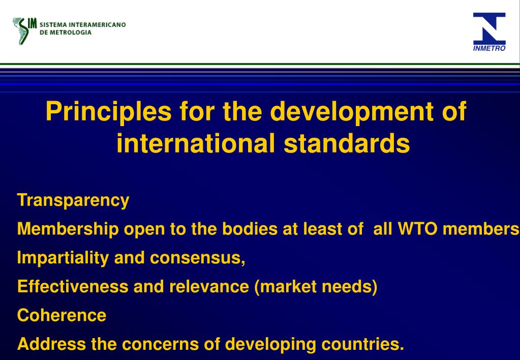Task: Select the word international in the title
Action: (195, 143)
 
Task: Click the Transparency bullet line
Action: (73, 200)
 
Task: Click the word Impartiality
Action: (63, 258)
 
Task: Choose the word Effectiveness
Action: (73, 287)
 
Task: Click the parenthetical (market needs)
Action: (315, 287)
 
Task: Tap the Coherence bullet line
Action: (62, 315)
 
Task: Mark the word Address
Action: (51, 344)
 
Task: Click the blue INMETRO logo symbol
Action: (489, 28)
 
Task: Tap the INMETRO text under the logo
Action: (489, 49)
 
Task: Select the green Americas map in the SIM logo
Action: (22, 31)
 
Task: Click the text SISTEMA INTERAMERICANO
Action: (83, 25)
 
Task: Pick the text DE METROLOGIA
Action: (66, 32)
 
